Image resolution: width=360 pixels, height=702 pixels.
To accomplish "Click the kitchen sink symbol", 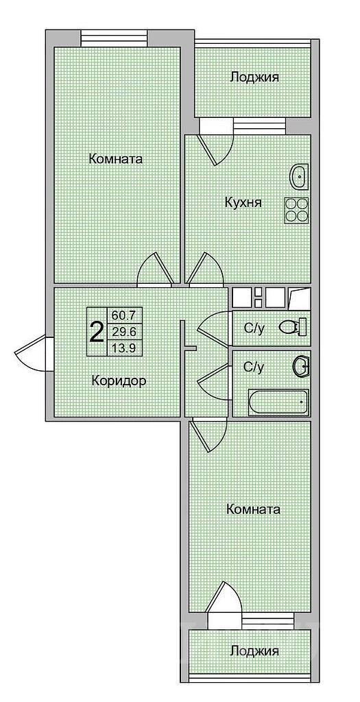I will [300, 177].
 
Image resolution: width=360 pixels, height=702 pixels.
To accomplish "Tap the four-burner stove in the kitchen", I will [297, 210].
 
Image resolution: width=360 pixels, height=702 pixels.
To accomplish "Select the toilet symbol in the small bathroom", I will [291, 328].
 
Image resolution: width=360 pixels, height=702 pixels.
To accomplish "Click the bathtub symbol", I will [278, 402].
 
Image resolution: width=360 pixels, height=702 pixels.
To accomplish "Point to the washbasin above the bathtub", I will [300, 367].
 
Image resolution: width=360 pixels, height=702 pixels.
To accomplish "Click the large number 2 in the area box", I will [97, 332].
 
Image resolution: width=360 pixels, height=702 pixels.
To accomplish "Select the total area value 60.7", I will [123, 315].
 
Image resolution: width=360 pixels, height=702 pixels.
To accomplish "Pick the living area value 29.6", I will [123, 332].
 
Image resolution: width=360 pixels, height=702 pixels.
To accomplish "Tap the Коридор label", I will [118, 381].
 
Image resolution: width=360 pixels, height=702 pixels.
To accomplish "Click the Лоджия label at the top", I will [254, 77].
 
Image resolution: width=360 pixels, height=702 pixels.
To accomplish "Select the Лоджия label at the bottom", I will [254, 651].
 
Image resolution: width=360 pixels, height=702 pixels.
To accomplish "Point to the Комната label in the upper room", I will [115, 159].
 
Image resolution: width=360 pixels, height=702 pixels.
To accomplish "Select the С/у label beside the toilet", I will [254, 328].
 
